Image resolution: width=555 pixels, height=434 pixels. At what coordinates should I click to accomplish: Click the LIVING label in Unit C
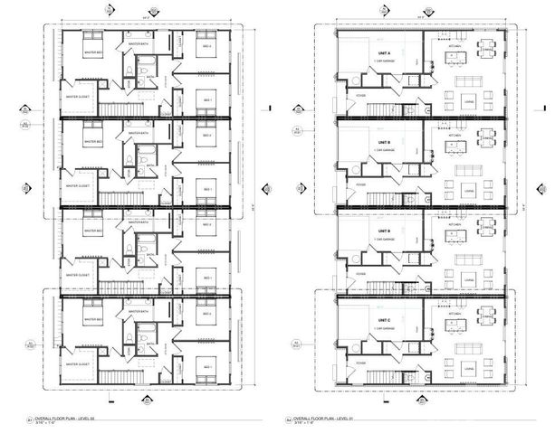tap(468, 368)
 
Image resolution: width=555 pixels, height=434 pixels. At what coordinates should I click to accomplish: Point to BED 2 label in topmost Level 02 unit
tap(207, 46)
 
